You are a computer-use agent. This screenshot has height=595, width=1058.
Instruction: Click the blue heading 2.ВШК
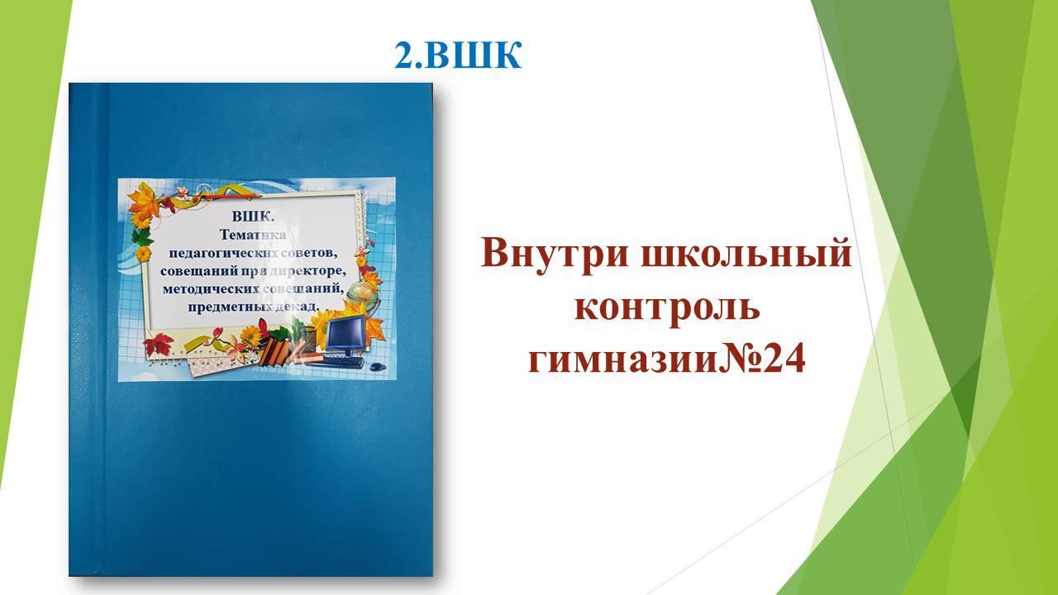pos(458,55)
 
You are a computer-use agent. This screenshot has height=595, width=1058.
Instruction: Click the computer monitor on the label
pos(346,335)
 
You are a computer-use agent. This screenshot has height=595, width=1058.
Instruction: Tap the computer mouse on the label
pos(376,366)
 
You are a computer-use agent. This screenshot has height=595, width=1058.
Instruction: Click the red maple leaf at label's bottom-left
pos(159,345)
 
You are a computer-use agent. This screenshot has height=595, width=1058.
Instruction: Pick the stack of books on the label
pos(276,351)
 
